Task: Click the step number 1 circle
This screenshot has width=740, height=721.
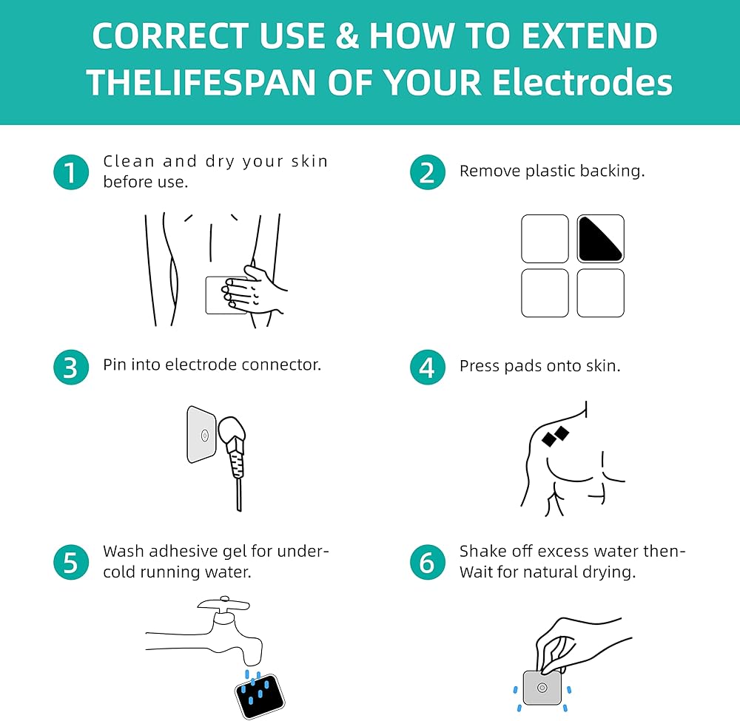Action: coord(71,172)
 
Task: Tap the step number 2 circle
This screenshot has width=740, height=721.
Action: coord(428,172)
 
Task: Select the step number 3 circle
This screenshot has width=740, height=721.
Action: coord(71,368)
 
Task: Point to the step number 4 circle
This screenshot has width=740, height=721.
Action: coord(428,368)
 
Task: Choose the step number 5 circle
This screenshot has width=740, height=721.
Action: coord(71,562)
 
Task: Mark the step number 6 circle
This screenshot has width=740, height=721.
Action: coord(428,562)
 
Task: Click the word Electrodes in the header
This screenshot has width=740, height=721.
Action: coord(582,82)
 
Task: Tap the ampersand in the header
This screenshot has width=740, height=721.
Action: coord(347,36)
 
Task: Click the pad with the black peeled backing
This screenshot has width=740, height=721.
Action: coord(600,239)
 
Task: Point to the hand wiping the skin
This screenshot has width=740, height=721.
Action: coord(252,290)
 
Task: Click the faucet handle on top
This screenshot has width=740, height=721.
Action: coord(223,603)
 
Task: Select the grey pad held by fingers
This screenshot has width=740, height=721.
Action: coord(542,688)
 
